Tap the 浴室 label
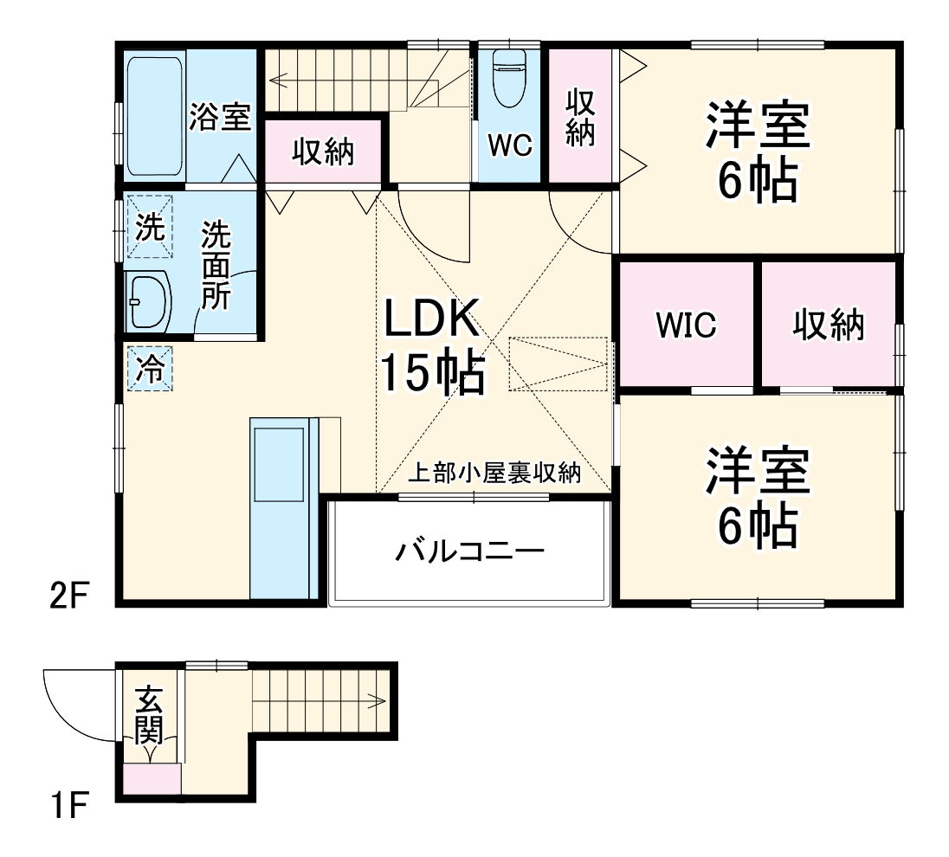coord(221,117)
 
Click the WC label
coord(509,145)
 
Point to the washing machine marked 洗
coord(150,228)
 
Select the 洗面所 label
coord(216,266)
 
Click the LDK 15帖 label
coord(431,347)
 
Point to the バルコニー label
coord(470,551)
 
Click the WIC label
coord(686,325)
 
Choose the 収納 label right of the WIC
coord(829,325)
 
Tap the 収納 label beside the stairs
coord(322,152)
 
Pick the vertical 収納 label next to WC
coord(580,118)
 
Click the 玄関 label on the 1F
coord(150,714)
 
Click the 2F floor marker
coord(69,596)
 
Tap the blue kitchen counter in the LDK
coord(280,507)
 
